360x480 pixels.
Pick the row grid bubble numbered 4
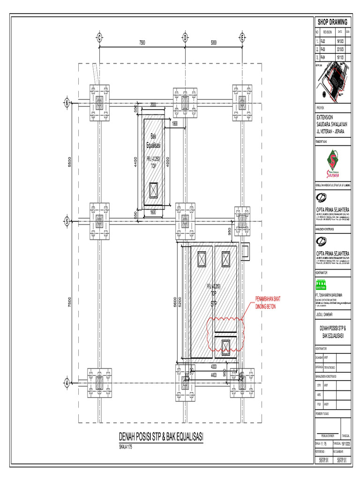[67, 382]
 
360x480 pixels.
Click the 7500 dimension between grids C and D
[142, 43]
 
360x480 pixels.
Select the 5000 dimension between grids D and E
[213, 43]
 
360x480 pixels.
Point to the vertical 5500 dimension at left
[69, 162]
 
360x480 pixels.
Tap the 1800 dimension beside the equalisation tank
[175, 124]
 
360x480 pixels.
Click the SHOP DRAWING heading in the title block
[332, 22]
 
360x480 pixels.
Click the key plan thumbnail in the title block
[332, 83]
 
